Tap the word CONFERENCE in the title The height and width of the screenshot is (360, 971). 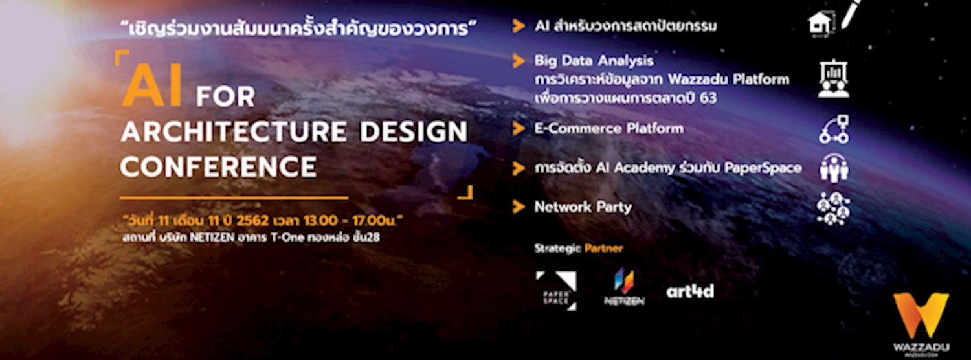(x=218, y=166)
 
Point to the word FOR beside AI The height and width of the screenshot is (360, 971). (x=225, y=97)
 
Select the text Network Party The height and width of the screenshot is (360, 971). (x=582, y=207)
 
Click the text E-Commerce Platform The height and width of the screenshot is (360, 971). (x=608, y=128)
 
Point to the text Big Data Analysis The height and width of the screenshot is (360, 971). (x=594, y=61)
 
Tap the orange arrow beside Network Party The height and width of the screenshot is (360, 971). (x=518, y=207)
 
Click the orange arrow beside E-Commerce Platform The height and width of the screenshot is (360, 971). (x=518, y=128)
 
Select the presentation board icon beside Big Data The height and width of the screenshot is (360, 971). (x=833, y=79)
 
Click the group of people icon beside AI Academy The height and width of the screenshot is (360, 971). (x=834, y=168)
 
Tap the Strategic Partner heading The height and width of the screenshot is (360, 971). (x=578, y=248)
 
